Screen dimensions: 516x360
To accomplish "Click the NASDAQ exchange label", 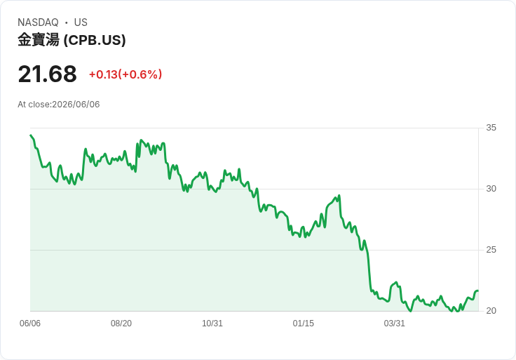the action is (x=38, y=22).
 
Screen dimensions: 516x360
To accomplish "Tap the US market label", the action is (x=81, y=22).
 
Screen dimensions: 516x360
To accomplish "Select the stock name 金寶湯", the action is (x=39, y=40).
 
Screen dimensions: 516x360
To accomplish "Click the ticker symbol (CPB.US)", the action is (x=95, y=40).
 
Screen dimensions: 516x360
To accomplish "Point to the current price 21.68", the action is (x=48, y=74).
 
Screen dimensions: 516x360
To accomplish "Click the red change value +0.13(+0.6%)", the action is (x=125, y=74).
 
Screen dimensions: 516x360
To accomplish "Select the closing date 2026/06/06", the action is (x=76, y=105).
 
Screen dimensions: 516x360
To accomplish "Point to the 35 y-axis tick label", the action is (x=491, y=128).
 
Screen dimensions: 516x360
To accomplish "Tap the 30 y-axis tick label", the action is (x=491, y=189).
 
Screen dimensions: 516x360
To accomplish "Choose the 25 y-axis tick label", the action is (x=491, y=250).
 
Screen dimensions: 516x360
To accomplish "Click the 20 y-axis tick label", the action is (x=491, y=311).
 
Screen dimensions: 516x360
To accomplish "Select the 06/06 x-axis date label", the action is (x=30, y=324).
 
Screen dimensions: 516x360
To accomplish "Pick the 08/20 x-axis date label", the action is (x=121, y=324).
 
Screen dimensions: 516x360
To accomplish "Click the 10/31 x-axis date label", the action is (x=212, y=324).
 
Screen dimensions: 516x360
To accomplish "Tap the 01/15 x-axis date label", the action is (x=304, y=324).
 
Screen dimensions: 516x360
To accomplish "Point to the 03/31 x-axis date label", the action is (x=394, y=324).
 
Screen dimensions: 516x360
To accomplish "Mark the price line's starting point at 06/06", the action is (x=30, y=135).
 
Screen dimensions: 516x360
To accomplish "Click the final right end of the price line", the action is (x=478, y=291).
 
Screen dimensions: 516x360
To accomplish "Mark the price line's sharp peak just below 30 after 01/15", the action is (x=339, y=195).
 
